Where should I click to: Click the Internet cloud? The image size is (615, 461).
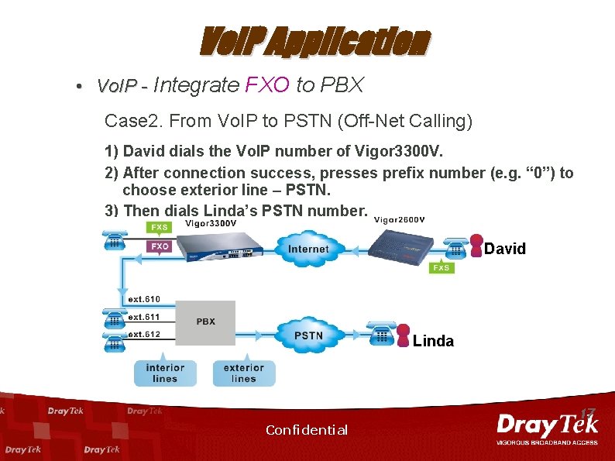tap(307, 249)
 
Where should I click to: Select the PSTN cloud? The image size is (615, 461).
tap(308, 335)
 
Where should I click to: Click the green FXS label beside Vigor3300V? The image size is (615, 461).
tap(160, 228)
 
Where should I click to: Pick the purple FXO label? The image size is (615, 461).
tap(160, 246)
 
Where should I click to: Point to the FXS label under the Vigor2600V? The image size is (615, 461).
tap(441, 267)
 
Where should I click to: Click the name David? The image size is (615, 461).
tap(505, 249)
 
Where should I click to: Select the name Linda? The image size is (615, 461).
tap(433, 341)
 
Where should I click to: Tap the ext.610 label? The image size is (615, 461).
tap(143, 299)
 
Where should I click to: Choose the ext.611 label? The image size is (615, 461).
tap(143, 317)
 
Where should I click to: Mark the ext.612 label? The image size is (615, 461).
tap(143, 335)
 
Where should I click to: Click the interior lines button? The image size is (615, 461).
tap(165, 373)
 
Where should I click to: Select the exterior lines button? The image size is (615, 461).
tap(243, 373)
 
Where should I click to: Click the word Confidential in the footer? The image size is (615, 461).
tap(307, 430)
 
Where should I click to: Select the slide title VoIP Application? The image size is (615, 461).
tap(313, 43)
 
